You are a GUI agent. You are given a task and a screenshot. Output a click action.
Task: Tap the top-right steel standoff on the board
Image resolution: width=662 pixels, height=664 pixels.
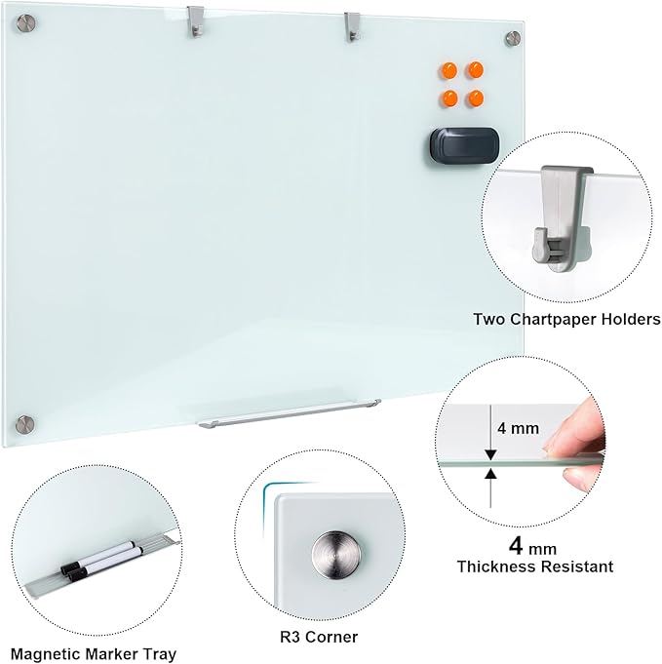[x=513, y=38]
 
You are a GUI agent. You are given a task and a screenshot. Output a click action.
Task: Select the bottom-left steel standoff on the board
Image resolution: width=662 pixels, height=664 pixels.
[x=26, y=424]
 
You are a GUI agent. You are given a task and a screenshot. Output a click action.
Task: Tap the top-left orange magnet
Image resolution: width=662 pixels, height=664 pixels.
[x=449, y=70]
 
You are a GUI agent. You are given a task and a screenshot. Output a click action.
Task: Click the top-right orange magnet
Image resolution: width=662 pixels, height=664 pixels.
[x=476, y=70]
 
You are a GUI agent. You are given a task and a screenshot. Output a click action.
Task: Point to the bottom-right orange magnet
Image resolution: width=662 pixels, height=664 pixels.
[x=476, y=98]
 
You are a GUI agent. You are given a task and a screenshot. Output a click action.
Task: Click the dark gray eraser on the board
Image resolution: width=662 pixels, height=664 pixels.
[x=460, y=142]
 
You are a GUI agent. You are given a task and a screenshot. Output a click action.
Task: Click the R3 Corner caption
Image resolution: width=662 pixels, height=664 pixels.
[x=317, y=637]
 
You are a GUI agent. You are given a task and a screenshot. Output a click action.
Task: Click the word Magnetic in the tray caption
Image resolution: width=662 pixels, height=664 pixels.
[x=44, y=653]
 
